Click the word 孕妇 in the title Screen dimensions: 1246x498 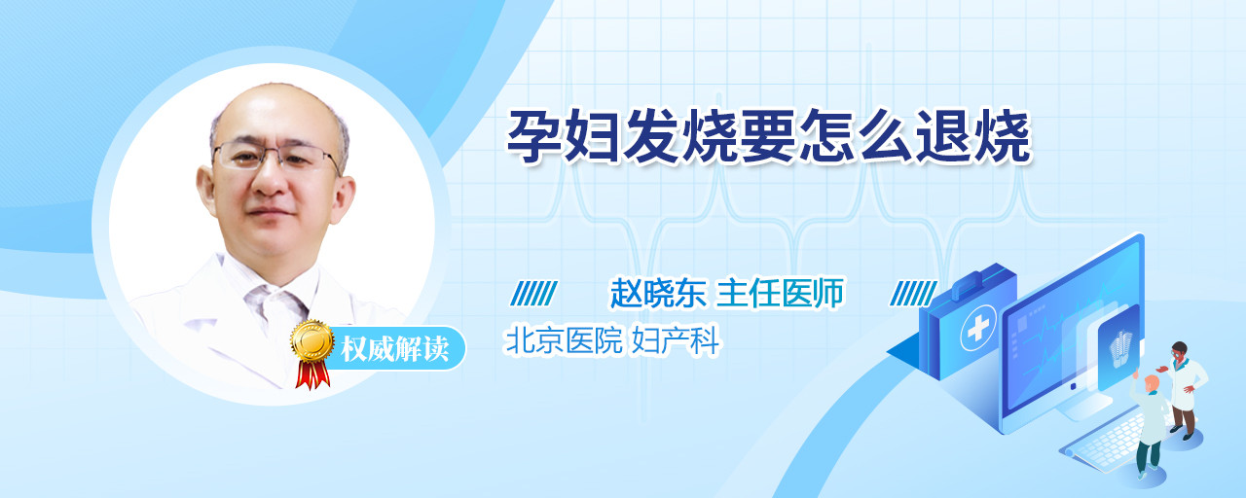point(563,137)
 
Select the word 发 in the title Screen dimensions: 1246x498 point(650,137)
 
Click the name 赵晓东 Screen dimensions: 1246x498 point(659,293)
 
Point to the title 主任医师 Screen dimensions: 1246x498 point(780,293)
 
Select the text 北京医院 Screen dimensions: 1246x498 point(563,340)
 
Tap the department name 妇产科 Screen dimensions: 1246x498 point(676,340)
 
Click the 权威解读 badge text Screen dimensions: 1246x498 point(395,349)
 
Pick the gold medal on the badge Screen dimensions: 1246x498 point(312,339)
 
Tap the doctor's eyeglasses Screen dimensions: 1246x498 point(275,155)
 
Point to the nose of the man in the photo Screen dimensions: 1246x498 point(271,181)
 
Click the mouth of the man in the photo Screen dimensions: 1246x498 point(270,212)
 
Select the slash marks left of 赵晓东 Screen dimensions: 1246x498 point(534,294)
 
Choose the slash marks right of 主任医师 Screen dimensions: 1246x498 point(913,294)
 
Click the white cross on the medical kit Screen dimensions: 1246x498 point(978,328)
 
